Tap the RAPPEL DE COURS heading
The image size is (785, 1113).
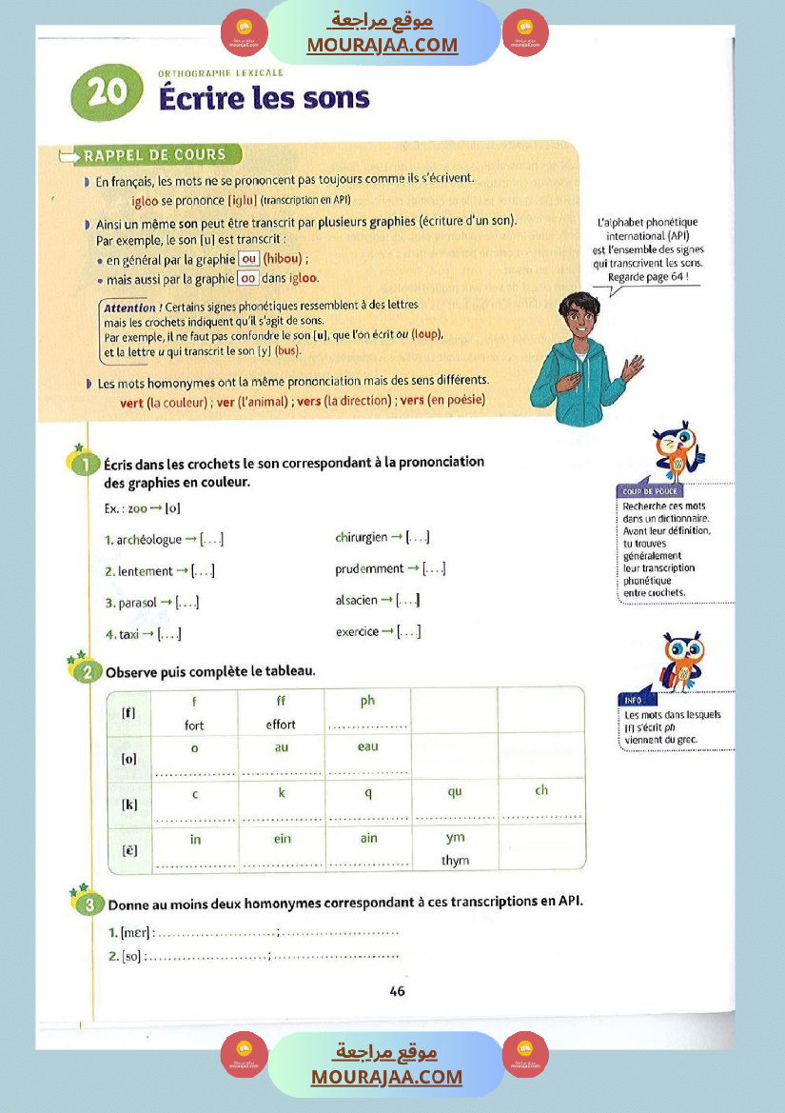click(x=154, y=154)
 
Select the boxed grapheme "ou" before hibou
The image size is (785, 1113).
click(x=249, y=259)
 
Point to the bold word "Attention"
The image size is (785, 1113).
click(x=130, y=308)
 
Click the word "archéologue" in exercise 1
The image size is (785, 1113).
click(x=149, y=540)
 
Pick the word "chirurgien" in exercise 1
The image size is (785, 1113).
click(x=362, y=537)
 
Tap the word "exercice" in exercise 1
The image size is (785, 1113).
click(x=358, y=631)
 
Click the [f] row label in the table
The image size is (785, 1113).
click(x=128, y=711)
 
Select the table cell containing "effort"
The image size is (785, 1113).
click(x=281, y=714)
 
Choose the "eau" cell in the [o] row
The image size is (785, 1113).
click(x=368, y=759)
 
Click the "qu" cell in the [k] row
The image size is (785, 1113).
click(x=455, y=803)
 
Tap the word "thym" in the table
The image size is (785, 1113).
click(x=456, y=861)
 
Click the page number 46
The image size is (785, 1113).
click(x=397, y=990)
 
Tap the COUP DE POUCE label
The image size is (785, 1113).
click(x=644, y=491)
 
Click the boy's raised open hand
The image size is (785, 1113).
click(x=630, y=370)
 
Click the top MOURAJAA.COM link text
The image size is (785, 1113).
click(x=382, y=45)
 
